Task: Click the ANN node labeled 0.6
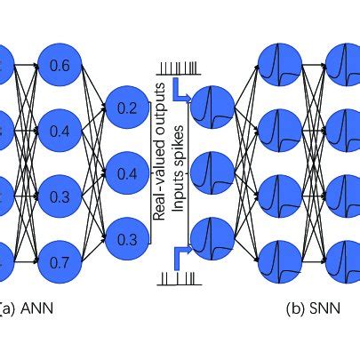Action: [61, 65]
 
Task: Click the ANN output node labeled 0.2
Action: [127, 108]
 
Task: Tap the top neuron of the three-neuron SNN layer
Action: [213, 108]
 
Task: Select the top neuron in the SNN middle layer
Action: [278, 65]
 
